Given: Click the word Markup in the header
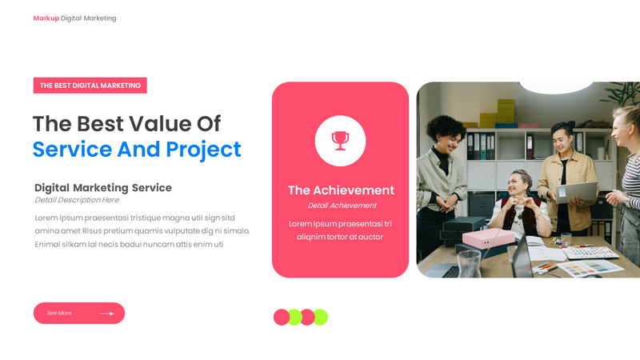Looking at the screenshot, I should click(x=46, y=18).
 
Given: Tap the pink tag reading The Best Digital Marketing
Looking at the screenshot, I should click(x=90, y=86).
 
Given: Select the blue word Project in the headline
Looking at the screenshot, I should click(x=203, y=150).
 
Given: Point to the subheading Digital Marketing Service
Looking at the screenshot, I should click(x=103, y=188).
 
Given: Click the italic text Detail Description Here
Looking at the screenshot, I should click(x=77, y=200).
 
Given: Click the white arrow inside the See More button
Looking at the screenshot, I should click(x=106, y=314).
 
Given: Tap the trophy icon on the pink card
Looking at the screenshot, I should click(x=341, y=141).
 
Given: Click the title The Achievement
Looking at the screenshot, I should click(x=341, y=190).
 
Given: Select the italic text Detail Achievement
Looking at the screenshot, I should click(x=342, y=206).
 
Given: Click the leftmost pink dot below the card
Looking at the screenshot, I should click(x=282, y=318).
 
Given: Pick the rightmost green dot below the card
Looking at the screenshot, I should click(x=320, y=318).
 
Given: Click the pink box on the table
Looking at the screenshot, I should click(x=486, y=238).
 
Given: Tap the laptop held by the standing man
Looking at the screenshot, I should click(x=578, y=192).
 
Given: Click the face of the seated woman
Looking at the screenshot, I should click(x=522, y=185).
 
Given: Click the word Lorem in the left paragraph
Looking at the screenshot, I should click(x=47, y=218).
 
